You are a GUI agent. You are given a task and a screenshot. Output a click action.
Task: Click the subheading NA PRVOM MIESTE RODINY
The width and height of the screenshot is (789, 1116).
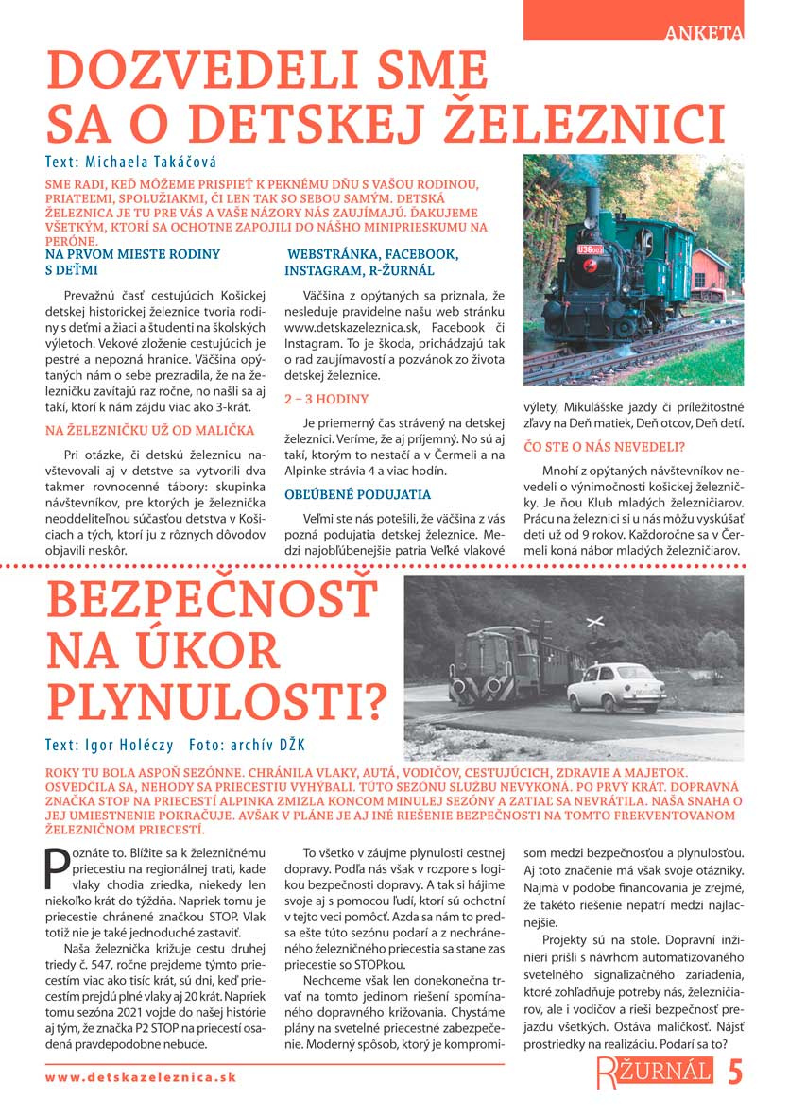[132, 254]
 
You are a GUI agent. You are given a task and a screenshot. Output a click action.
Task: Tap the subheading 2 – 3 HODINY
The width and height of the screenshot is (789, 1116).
[326, 399]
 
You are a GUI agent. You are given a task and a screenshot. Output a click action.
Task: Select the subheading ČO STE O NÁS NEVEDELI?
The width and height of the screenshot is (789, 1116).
[604, 446]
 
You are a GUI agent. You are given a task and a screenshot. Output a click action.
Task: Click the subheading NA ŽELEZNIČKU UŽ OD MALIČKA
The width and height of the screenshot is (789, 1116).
[150, 430]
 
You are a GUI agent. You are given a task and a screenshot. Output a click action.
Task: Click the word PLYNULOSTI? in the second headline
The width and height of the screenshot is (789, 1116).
[216, 700]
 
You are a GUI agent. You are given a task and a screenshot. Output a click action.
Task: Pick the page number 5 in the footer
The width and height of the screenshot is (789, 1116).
[735, 1072]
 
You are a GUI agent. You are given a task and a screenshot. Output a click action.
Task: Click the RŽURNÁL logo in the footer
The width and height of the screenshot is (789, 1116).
[653, 1072]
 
